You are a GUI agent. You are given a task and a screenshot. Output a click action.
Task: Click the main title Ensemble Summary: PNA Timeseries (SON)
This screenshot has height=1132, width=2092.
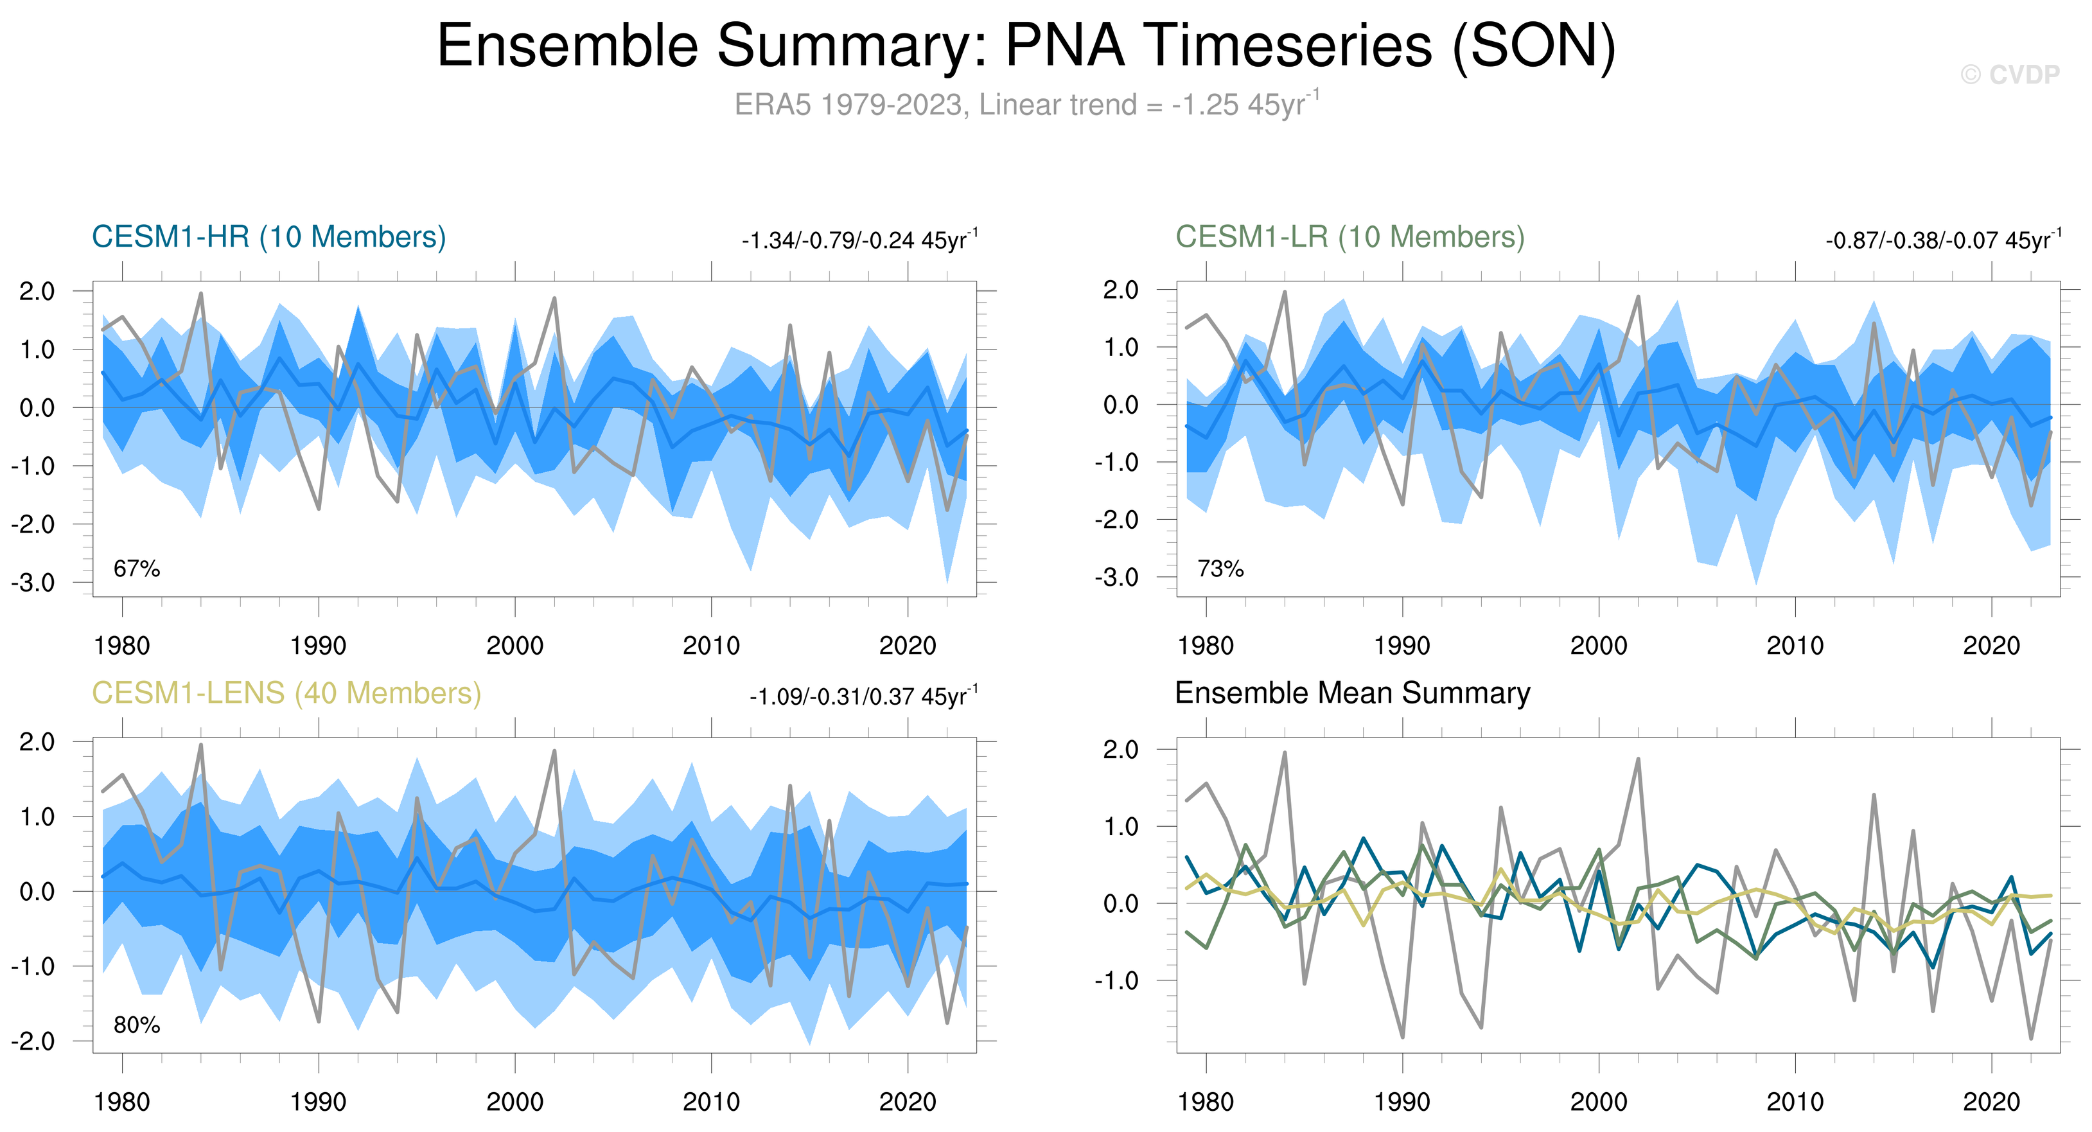click(1026, 46)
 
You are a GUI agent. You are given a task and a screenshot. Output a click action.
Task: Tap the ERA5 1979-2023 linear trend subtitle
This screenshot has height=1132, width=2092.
click(1026, 105)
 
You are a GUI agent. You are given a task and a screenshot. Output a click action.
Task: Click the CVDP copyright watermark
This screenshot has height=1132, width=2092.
click(2009, 75)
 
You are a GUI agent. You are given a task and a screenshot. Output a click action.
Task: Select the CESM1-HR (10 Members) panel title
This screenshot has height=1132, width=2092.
click(269, 237)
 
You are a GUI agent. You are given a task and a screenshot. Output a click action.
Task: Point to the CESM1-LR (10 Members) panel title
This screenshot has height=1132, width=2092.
click(1349, 237)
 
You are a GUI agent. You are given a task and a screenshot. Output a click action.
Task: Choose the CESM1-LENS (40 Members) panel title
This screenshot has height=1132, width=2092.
click(286, 693)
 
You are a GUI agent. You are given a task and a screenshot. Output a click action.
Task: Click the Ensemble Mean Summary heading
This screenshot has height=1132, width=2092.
click(1352, 693)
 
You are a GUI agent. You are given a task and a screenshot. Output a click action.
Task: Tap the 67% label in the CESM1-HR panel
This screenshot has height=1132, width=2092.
click(136, 569)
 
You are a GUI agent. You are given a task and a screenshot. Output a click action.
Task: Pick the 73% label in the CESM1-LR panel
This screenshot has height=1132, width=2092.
click(1220, 569)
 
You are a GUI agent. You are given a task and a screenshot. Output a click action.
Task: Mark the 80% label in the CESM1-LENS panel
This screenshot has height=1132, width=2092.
click(136, 1025)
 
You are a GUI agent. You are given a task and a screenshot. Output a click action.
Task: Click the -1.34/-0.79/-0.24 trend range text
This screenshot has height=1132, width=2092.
click(859, 240)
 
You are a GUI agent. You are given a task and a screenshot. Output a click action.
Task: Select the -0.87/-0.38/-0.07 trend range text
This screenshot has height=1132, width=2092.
click(1942, 240)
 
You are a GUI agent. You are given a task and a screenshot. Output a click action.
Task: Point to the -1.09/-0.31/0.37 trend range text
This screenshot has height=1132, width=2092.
click(863, 697)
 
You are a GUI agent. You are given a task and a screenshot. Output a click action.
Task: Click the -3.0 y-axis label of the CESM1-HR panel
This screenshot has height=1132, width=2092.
click(33, 582)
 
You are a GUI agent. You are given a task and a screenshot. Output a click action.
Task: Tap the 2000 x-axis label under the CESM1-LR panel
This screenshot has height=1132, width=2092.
click(1598, 646)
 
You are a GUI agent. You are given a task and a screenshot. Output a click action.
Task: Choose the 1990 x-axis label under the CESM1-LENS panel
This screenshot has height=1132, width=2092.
click(319, 1102)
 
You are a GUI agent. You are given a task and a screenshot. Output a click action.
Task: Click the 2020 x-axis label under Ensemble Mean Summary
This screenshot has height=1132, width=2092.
click(1991, 1102)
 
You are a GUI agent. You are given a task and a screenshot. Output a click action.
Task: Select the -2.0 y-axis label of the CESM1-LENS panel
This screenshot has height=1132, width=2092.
click(33, 1041)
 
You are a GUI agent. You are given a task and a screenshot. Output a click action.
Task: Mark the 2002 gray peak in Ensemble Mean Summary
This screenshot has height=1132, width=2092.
click(1638, 759)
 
